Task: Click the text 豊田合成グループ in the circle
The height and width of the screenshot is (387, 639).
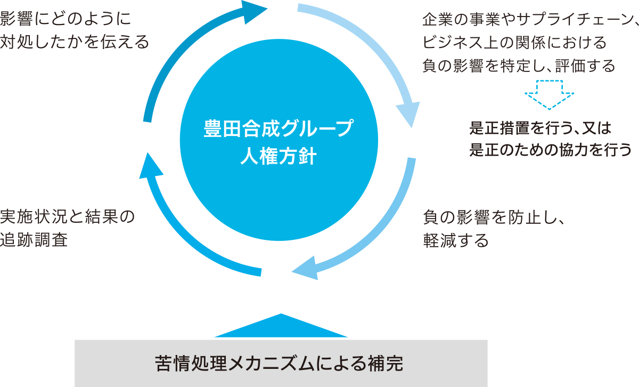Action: click(x=279, y=130)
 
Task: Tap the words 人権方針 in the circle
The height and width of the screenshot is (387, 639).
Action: click(x=279, y=157)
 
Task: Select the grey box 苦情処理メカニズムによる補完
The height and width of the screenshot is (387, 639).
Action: click(x=281, y=363)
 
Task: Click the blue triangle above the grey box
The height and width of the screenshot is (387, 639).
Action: click(x=281, y=327)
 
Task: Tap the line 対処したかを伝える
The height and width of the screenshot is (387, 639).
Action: click(x=75, y=42)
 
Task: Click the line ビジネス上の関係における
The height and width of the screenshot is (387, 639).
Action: click(x=514, y=42)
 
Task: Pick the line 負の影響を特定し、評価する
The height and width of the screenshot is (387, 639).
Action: click(x=519, y=66)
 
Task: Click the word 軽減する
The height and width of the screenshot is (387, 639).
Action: click(x=456, y=241)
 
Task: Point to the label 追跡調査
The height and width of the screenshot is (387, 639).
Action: click(x=34, y=240)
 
